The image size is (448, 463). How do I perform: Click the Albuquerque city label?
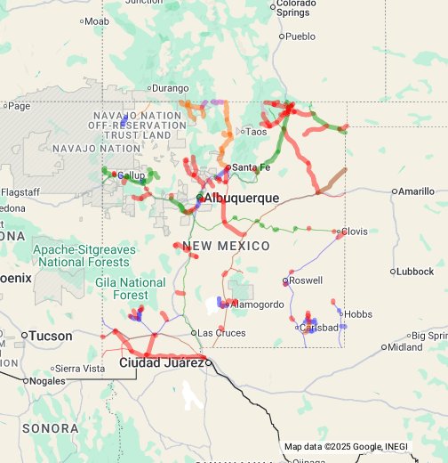pyautogui.click(x=241, y=198)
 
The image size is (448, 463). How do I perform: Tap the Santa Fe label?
pyautogui.click(x=251, y=167)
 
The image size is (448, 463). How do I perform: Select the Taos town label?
pyautogui.click(x=256, y=132)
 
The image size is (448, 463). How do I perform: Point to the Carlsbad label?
pyautogui.click(x=320, y=328)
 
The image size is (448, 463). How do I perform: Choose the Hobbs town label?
pyautogui.click(x=358, y=314)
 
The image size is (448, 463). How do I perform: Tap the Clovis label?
pyautogui.click(x=354, y=231)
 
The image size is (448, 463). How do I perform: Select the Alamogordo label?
pyautogui.click(x=257, y=305)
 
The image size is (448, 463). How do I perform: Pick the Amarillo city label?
pyautogui.click(x=416, y=191)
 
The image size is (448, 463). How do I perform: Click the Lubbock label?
pyautogui.click(x=414, y=272)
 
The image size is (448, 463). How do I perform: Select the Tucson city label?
pyautogui.click(x=50, y=336)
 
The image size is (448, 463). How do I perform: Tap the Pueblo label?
pyautogui.click(x=300, y=37)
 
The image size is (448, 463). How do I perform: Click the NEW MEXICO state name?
pyautogui.click(x=226, y=246)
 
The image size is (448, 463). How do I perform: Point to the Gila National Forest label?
pyautogui.click(x=130, y=288)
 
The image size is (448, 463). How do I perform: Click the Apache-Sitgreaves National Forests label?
pyautogui.click(x=85, y=256)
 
